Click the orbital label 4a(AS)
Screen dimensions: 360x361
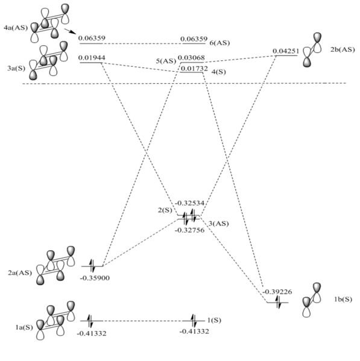(x=16, y=28)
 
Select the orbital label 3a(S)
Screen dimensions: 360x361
(x=16, y=68)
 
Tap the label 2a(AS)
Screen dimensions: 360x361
(x=20, y=273)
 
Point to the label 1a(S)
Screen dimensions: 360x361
(x=24, y=327)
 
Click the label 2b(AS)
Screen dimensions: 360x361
(x=343, y=49)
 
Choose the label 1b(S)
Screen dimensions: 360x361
(x=343, y=300)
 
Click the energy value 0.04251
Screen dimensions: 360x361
(x=286, y=51)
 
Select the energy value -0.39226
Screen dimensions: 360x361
(x=277, y=292)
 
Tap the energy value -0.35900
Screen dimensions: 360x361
(x=95, y=278)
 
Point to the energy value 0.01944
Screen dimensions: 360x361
(x=92, y=58)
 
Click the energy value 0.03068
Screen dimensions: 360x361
(x=191, y=58)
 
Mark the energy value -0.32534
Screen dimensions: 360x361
(x=189, y=203)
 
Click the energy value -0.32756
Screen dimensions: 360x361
(x=189, y=230)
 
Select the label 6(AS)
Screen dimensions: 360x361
(x=219, y=43)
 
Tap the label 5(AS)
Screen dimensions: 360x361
(x=166, y=61)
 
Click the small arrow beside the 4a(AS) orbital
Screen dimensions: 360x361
(x=70, y=32)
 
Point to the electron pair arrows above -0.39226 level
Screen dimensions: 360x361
(x=278, y=302)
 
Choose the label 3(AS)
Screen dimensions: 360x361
(x=218, y=224)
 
